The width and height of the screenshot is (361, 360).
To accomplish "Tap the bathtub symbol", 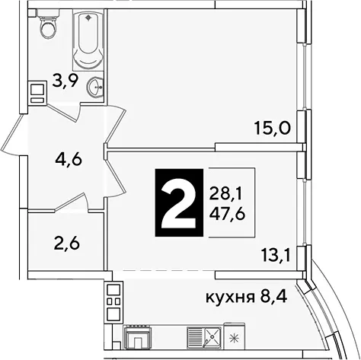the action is click(88, 40).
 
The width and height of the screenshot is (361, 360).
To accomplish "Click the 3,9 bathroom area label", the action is click(65, 81).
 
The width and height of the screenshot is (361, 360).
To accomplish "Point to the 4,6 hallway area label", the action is click(69, 160).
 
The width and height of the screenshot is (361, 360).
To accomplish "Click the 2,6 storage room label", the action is click(67, 243).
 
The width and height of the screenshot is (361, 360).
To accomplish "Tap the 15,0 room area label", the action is click(273, 129).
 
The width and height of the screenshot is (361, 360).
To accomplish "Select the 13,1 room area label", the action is click(276, 256).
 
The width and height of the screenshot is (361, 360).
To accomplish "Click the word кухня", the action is click(230, 297).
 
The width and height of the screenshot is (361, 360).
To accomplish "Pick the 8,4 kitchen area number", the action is click(273, 296).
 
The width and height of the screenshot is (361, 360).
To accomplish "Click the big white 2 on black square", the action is click(179, 202).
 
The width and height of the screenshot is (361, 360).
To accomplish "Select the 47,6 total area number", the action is click(227, 214).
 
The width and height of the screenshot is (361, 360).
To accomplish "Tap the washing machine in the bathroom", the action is click(37, 92).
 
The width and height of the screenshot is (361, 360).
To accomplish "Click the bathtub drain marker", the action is click(88, 18).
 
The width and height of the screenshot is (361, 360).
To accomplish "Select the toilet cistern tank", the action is click(48, 13).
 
